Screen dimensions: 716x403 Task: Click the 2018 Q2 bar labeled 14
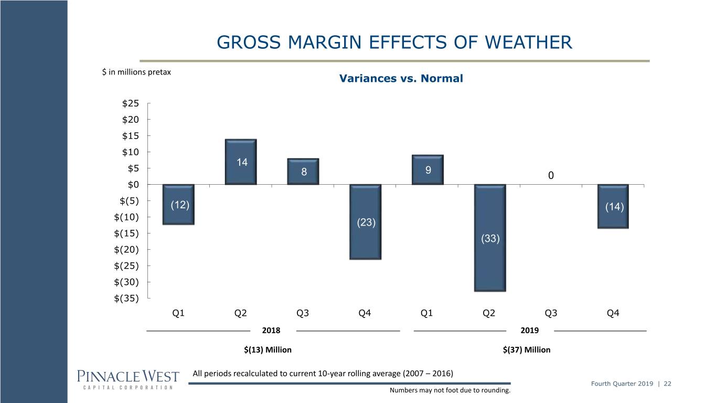point(241,162)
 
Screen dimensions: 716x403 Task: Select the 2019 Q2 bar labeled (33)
point(490,238)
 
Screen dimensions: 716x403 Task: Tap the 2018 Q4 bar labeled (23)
point(366,222)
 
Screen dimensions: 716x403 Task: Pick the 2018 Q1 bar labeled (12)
point(178,204)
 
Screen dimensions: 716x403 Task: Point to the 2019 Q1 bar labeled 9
point(428,170)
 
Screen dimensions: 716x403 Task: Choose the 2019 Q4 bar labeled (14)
point(613,206)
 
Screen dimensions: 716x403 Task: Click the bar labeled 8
point(303,172)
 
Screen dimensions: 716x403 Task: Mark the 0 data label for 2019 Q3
point(551,175)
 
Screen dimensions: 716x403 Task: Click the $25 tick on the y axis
point(131,103)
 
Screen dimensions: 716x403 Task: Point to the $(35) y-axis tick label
point(126,299)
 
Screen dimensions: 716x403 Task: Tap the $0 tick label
point(133,185)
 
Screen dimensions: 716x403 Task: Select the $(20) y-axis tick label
point(126,249)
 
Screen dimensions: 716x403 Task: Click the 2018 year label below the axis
point(271,331)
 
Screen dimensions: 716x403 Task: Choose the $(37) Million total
point(527,349)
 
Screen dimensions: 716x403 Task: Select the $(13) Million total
point(268,349)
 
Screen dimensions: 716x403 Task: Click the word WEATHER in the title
point(528,42)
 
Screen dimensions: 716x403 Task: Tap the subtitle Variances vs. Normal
point(401,78)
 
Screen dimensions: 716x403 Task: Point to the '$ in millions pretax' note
point(136,72)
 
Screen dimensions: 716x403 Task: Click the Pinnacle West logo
point(128,380)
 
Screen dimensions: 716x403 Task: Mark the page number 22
point(667,384)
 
